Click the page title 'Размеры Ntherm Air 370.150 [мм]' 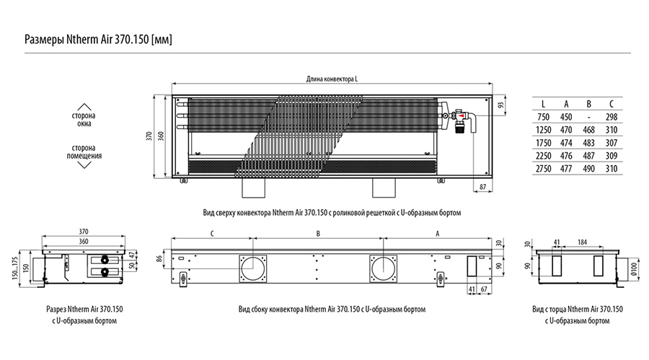tap(99, 39)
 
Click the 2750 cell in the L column tap(543, 168)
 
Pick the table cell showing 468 tap(588, 131)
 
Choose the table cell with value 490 tap(588, 168)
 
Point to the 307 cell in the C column tap(612, 143)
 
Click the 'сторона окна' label tap(85, 120)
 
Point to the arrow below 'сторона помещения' tap(85, 165)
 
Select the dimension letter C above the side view tap(211, 233)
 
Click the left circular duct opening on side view tap(254, 268)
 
